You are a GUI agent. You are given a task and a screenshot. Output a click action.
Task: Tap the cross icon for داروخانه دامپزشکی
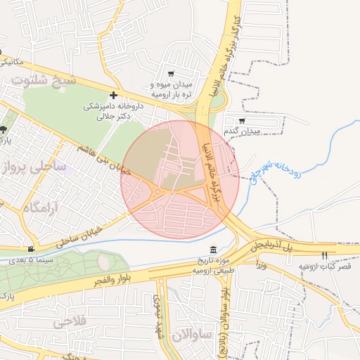114,95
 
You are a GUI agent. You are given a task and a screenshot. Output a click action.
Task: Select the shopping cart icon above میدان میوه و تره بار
171,74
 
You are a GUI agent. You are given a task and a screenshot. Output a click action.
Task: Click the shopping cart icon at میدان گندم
242,121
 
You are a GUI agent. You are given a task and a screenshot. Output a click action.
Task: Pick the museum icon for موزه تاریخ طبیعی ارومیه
214,251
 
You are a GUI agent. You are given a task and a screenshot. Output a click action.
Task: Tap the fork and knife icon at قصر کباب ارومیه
324,256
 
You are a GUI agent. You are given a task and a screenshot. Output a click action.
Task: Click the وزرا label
262,265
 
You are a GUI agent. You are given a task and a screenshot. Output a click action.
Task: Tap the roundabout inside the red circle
159,191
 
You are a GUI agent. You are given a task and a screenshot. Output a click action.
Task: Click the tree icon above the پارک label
4,129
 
